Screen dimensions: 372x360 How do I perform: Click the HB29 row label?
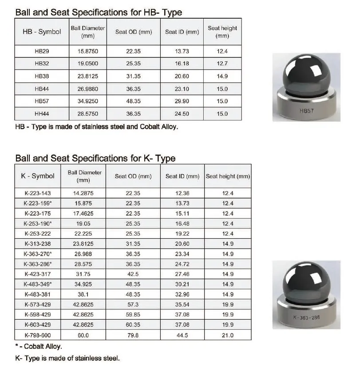coord(42,52)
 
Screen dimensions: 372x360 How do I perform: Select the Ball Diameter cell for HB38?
coord(87,76)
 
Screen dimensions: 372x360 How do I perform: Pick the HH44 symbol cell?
coord(42,114)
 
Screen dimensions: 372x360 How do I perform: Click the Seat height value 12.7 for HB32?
coord(222,64)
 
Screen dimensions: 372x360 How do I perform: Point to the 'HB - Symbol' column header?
coord(42,32)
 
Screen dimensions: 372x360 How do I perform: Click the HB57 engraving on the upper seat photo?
coord(306,111)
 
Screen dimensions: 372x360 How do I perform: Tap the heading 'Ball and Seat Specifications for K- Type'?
coord(95,158)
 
